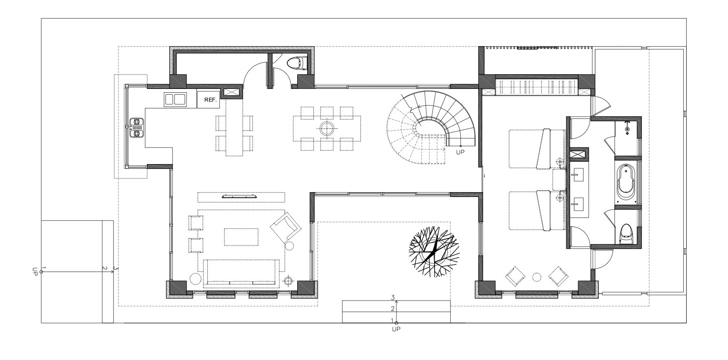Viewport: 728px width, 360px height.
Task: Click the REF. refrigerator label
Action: (210, 100)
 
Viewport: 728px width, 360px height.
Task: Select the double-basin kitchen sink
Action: (175, 99)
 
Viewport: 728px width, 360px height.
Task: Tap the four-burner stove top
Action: (137, 128)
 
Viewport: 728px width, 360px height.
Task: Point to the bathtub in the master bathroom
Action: (626, 182)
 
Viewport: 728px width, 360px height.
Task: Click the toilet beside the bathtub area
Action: (626, 234)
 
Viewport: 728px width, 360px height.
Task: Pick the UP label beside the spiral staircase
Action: (460, 152)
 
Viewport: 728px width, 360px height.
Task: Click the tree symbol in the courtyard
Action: (434, 252)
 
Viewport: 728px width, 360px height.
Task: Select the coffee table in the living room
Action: (241, 237)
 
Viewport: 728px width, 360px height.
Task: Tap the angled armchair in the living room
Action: (286, 227)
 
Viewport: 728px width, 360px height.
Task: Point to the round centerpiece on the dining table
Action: (327, 128)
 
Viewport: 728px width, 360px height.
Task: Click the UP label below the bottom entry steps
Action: (396, 329)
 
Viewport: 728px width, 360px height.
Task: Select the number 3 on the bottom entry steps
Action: (393, 298)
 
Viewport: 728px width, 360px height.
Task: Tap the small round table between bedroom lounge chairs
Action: (536, 277)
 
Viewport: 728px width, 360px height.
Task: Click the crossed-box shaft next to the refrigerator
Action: (232, 92)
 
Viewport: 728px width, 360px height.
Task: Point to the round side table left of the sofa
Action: (195, 279)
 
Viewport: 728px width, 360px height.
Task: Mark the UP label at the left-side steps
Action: (35, 272)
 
